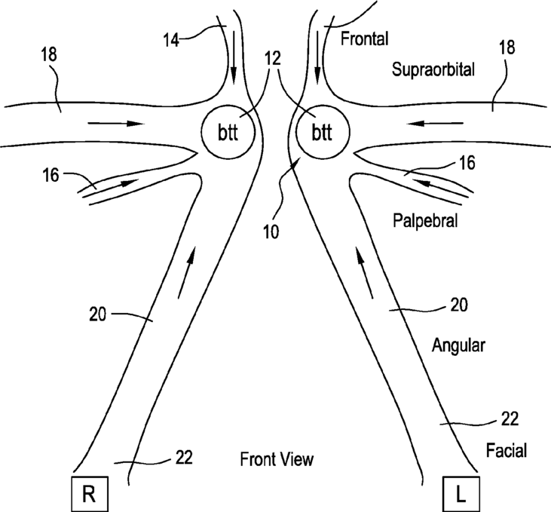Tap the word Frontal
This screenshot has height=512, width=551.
(363, 36)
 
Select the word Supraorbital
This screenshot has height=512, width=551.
(433, 70)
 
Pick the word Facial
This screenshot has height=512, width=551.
(507, 451)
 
